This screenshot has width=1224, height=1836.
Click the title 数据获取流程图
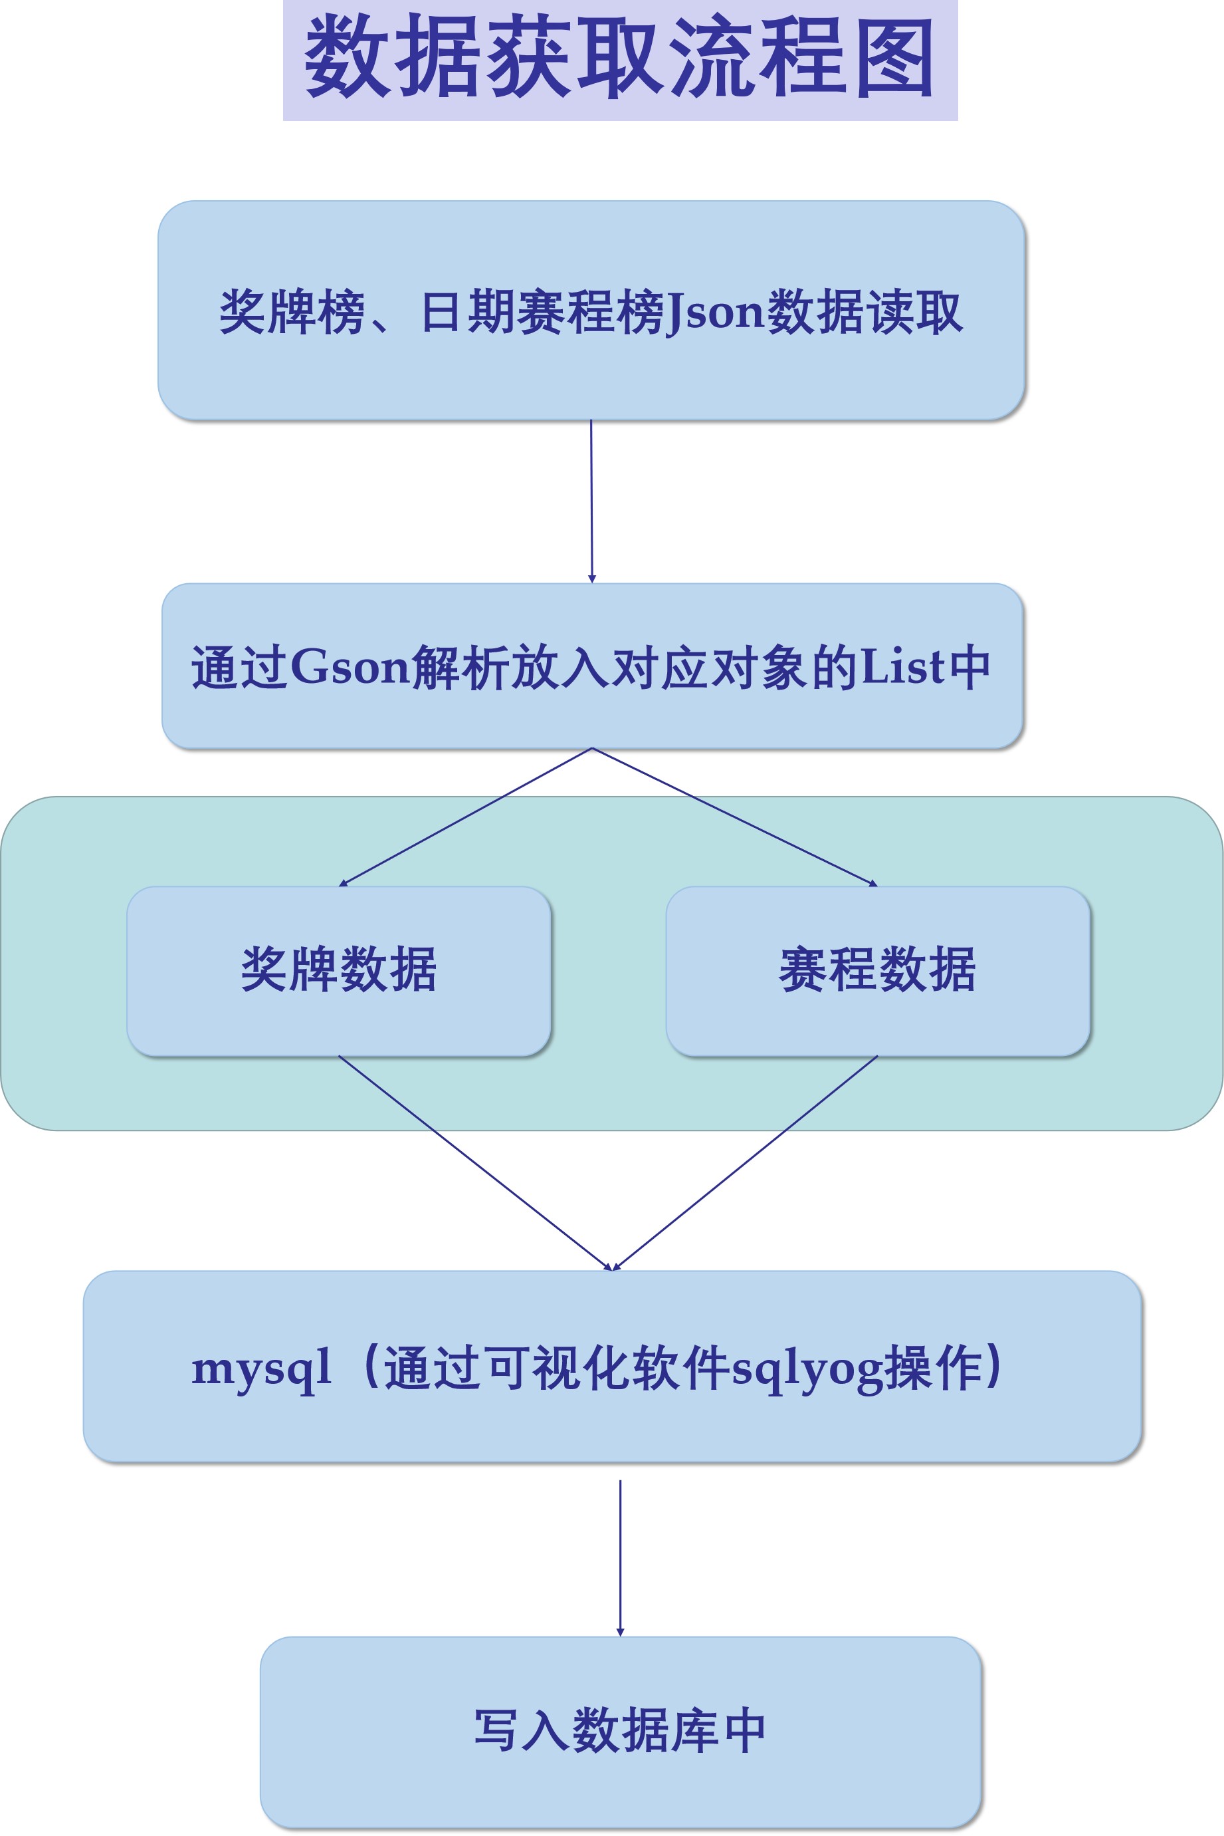click(620, 59)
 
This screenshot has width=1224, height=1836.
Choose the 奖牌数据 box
click(339, 970)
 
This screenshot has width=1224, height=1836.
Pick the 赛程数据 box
click(877, 970)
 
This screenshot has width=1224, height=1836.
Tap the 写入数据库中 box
click(620, 1730)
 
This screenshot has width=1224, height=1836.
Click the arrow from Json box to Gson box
click(591, 500)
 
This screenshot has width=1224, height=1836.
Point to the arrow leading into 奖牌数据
click(466, 816)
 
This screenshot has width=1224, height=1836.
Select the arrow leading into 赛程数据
click(734, 816)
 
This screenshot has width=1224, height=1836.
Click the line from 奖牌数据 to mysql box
click(474, 1162)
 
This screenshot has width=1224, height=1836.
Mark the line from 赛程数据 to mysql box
click(746, 1162)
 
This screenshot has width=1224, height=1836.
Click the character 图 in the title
click(894, 59)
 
